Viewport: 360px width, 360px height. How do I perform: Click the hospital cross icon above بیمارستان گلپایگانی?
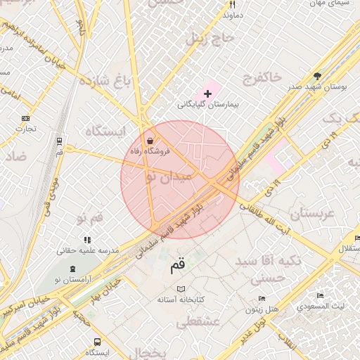pos(207,94)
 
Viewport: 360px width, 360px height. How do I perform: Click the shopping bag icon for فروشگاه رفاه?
pos(149,139)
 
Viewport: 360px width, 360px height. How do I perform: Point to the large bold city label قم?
pos(179,266)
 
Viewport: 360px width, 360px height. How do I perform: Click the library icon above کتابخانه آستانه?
pos(181,290)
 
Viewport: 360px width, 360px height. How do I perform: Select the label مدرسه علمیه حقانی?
pos(87,250)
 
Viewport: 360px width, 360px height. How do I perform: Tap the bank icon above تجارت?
pos(26,117)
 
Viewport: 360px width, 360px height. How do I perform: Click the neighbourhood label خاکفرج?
pos(261,76)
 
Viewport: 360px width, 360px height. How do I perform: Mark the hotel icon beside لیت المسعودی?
pos(321,296)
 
